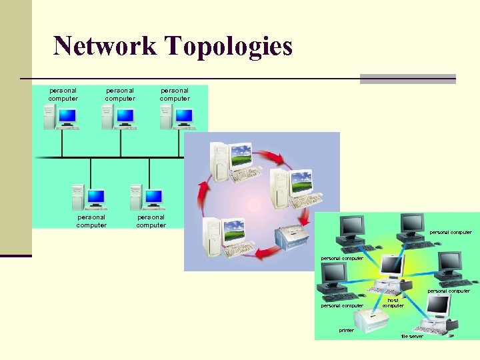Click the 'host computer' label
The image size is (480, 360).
click(393, 303)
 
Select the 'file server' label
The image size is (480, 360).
click(412, 336)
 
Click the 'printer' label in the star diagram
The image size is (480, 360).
click(347, 330)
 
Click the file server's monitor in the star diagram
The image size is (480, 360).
click(438, 305)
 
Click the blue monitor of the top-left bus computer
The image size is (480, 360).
click(67, 116)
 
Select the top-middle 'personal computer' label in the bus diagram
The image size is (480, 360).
click(120, 94)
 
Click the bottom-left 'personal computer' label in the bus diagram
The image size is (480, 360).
click(91, 221)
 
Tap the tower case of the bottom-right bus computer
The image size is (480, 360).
click(136, 197)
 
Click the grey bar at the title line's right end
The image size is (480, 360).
click(407, 79)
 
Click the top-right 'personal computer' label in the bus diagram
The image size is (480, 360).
click(175, 94)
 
